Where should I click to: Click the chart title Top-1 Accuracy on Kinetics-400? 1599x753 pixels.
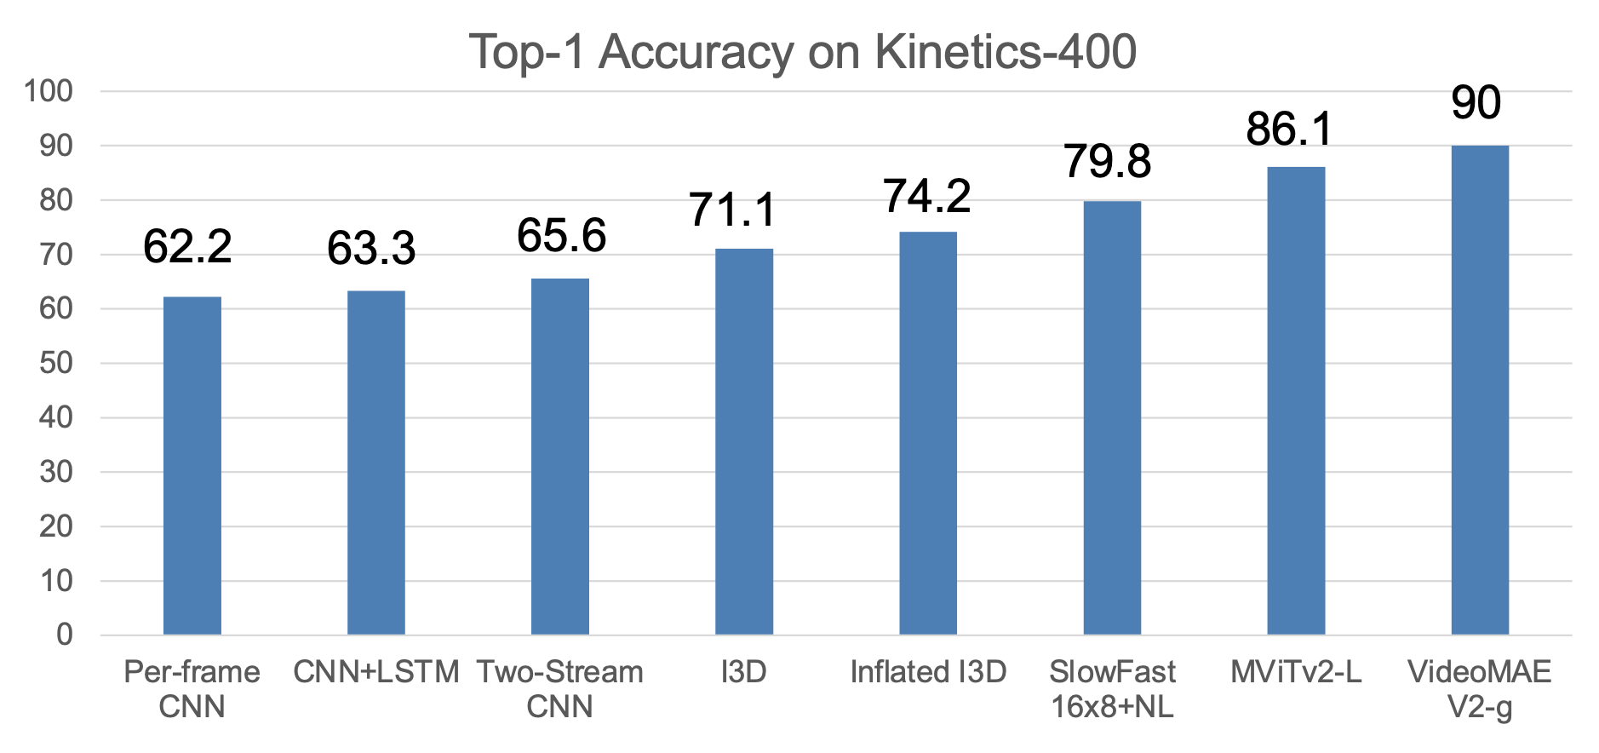pyautogui.click(x=802, y=52)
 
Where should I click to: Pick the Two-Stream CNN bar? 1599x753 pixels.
pyautogui.click(x=560, y=457)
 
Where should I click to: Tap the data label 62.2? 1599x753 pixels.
pyautogui.click(x=187, y=247)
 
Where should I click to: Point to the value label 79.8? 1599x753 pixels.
pyautogui.click(x=1107, y=161)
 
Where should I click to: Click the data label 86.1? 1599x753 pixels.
pyautogui.click(x=1289, y=129)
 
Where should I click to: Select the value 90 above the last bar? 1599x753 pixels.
pyautogui.click(x=1476, y=103)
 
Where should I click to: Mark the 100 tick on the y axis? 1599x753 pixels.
pyautogui.click(x=49, y=91)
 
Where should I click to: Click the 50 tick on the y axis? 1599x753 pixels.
pyautogui.click(x=56, y=363)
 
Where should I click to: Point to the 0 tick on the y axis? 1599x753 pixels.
pyautogui.click(x=65, y=635)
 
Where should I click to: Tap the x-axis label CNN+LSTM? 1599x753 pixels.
pyautogui.click(x=376, y=672)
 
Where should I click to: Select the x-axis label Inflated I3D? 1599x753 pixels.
pyautogui.click(x=928, y=672)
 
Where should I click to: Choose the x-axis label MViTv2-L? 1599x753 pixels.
pyautogui.click(x=1296, y=672)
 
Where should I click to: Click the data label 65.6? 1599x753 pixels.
pyautogui.click(x=561, y=236)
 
